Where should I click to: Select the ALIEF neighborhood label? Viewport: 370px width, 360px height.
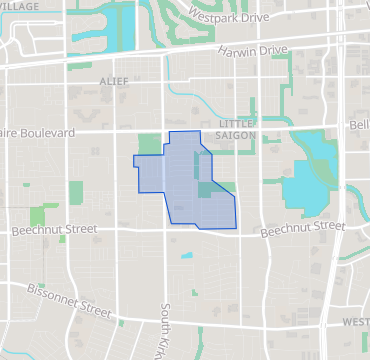pyautogui.click(x=115, y=79)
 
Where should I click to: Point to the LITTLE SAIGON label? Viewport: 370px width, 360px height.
pyautogui.click(x=237, y=129)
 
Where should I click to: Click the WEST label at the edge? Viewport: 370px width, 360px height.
pyautogui.click(x=355, y=322)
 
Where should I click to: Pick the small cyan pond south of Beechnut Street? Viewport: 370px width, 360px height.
pyautogui.click(x=187, y=256)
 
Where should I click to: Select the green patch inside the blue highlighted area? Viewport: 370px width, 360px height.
pyautogui.click(x=205, y=189)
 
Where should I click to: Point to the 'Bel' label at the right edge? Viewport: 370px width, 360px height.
pyautogui.click(x=360, y=124)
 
